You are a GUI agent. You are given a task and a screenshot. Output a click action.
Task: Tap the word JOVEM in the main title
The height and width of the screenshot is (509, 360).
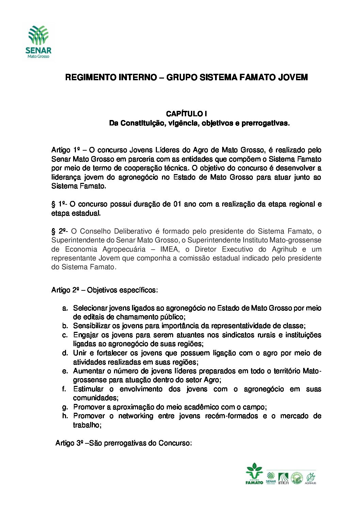click(x=293, y=78)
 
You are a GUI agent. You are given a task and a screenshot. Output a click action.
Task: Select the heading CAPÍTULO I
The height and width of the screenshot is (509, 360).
click(x=186, y=114)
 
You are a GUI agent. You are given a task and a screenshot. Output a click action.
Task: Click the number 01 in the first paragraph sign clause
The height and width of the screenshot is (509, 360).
click(x=177, y=204)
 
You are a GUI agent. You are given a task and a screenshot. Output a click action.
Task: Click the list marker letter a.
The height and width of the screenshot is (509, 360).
click(x=65, y=308)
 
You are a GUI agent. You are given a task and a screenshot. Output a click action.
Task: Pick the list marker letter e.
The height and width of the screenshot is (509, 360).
click(x=65, y=371)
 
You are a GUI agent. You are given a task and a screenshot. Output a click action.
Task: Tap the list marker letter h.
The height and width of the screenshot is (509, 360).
click(x=65, y=416)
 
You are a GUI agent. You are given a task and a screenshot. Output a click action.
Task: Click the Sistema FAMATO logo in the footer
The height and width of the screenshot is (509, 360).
click(x=254, y=474)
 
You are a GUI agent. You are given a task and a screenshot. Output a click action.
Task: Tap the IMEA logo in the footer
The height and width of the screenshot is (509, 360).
click(x=283, y=478)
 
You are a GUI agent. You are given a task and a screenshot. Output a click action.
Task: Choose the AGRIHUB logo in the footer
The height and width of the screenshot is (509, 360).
click(x=310, y=478)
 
